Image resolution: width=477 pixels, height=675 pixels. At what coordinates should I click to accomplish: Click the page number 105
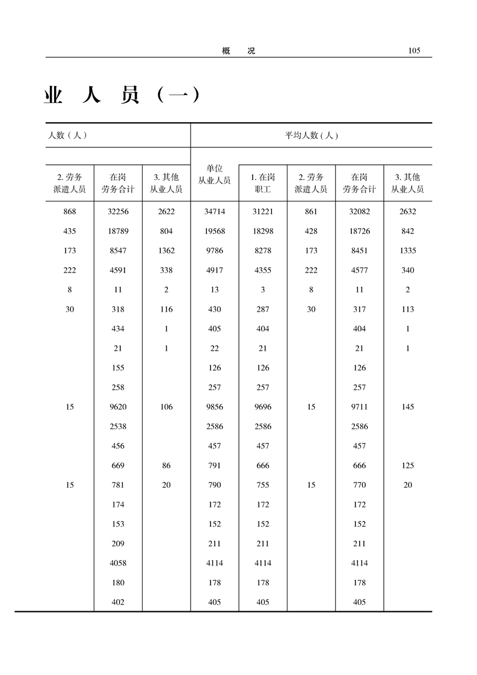click(413, 51)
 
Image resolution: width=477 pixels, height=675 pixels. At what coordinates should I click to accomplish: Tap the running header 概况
click(238, 51)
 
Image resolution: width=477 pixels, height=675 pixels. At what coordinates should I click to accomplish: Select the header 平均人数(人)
click(311, 135)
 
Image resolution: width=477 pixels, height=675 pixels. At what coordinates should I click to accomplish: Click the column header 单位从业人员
click(215, 174)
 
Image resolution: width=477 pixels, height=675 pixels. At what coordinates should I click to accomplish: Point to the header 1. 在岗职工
click(263, 183)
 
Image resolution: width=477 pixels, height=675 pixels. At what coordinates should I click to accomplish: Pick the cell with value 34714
click(215, 212)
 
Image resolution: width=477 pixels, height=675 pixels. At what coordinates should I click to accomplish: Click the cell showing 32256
click(118, 212)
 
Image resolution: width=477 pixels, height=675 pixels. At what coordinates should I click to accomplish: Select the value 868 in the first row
click(70, 212)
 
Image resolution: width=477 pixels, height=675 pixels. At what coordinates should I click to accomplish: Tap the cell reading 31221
click(263, 212)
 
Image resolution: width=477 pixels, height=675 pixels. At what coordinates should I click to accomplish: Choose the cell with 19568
click(215, 231)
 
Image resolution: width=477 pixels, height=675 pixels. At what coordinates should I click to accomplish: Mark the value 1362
click(167, 251)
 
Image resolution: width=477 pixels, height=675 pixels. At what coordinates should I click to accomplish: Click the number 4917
click(215, 270)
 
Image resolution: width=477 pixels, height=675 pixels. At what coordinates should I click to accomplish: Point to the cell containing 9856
click(215, 407)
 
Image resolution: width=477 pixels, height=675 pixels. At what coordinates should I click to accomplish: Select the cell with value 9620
click(118, 407)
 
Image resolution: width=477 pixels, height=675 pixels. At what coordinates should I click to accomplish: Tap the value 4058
click(118, 563)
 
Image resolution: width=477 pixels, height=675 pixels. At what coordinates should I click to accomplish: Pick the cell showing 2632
click(408, 212)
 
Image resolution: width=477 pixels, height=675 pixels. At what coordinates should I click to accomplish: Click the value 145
click(408, 407)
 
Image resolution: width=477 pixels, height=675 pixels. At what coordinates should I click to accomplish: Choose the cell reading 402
click(118, 602)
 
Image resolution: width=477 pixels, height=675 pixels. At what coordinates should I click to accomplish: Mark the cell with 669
click(118, 466)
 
